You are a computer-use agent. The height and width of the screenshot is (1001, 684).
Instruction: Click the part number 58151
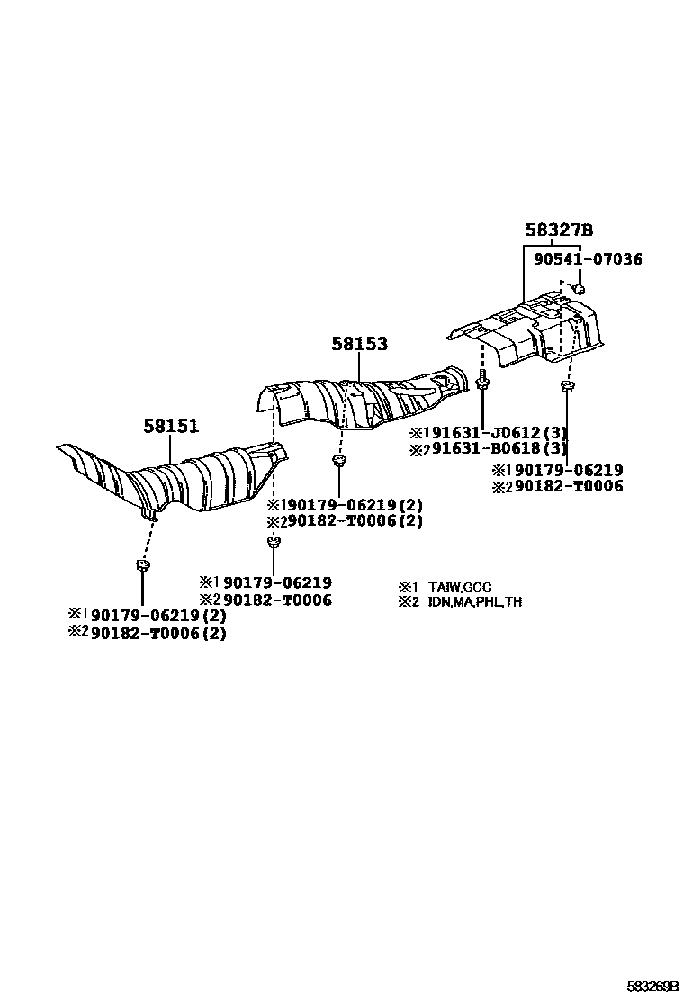170,426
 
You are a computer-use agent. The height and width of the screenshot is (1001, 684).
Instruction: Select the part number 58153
359,344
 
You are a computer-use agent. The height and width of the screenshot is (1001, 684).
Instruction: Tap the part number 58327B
559,230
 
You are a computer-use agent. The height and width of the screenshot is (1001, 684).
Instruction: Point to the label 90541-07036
588,258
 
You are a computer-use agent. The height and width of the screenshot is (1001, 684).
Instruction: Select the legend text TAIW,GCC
459,587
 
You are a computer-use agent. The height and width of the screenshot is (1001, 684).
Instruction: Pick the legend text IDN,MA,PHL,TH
474,601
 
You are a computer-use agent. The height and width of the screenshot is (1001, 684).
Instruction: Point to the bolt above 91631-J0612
482,379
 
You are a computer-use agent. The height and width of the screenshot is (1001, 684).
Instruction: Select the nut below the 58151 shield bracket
142,565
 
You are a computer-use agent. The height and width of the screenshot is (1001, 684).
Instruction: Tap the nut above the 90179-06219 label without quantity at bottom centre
273,543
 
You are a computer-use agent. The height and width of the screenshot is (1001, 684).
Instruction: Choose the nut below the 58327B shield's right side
565,385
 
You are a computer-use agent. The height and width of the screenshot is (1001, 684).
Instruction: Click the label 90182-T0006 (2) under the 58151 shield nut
158,634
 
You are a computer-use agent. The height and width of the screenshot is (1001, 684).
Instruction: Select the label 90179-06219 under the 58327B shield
569,470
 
